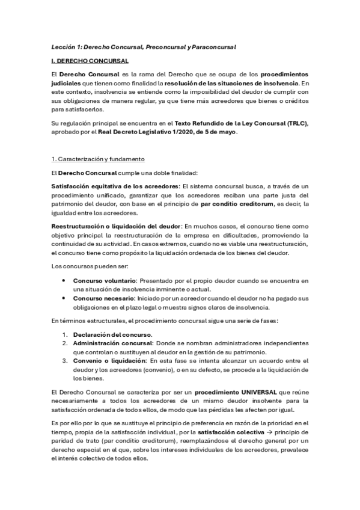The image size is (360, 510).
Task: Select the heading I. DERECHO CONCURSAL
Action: pyautogui.click(x=90, y=61)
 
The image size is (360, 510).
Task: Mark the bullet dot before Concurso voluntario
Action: pyautogui.click(x=64, y=281)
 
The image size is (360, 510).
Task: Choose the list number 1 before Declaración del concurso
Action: pyautogui.click(x=65, y=334)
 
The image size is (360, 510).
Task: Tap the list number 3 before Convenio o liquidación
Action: pyautogui.click(x=65, y=360)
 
